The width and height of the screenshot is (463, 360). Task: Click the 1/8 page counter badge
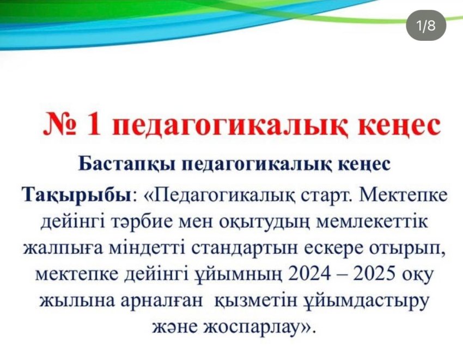pos(425,26)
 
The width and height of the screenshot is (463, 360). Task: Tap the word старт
pos(328,196)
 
